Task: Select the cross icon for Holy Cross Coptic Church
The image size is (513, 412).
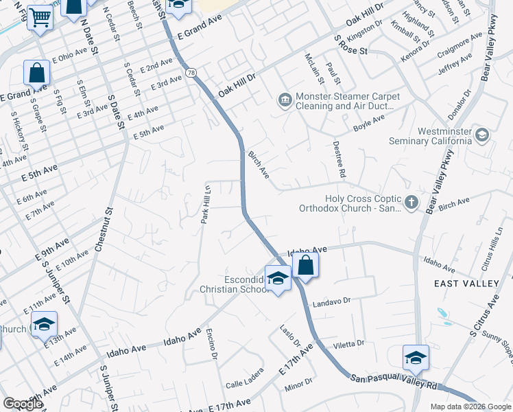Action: (x=411, y=202)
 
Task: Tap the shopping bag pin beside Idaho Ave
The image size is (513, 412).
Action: (x=305, y=266)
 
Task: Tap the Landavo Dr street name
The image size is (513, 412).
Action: (x=331, y=301)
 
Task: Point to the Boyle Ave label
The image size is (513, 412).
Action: (x=369, y=123)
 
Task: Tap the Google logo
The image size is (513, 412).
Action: (x=23, y=404)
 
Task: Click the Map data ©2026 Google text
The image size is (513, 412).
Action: (x=470, y=407)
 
